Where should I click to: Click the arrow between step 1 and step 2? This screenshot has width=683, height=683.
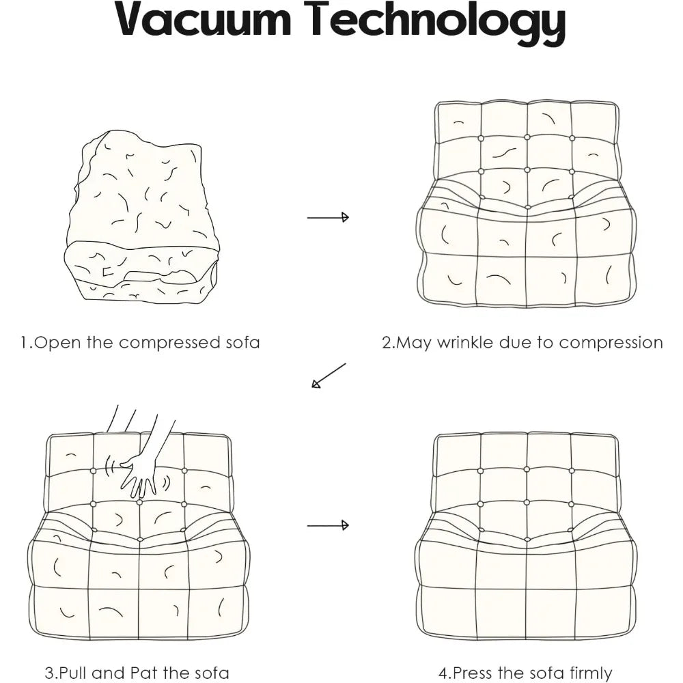tap(328, 217)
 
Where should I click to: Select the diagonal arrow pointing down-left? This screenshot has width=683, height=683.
tap(329, 375)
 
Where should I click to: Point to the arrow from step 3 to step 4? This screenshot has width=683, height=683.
tap(328, 525)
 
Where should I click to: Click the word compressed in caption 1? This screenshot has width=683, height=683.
tap(169, 343)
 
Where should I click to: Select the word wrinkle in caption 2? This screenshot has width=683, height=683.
tap(465, 342)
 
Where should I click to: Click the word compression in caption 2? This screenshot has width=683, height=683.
tap(611, 343)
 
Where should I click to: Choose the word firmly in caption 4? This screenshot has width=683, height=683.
tap(585, 673)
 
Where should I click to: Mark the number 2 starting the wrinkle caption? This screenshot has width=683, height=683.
tap(387, 343)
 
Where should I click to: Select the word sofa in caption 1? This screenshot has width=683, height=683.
tap(242, 343)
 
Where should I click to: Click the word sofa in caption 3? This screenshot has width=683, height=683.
tap(212, 673)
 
